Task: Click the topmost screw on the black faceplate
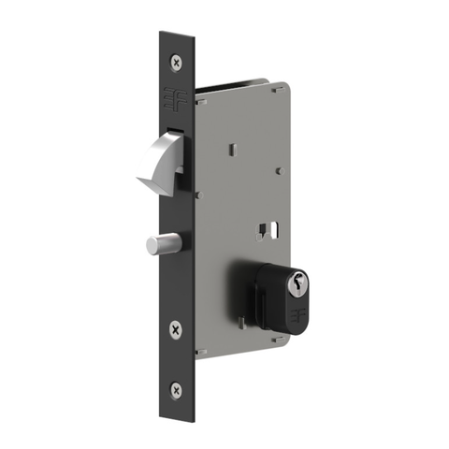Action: tap(176, 61)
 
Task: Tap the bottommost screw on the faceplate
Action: tap(176, 387)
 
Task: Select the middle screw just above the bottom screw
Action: tap(176, 328)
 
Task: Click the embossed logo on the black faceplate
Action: tap(175, 97)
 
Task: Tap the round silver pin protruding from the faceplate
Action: tap(159, 244)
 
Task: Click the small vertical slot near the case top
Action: tap(232, 150)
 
